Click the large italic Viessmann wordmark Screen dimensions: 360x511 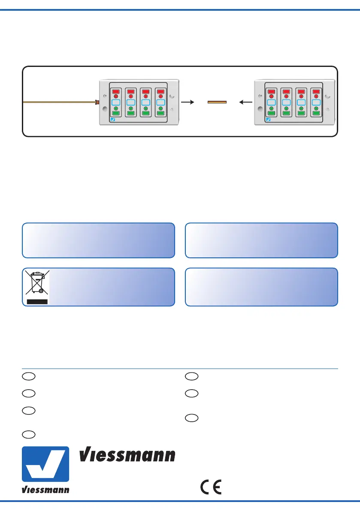[x=127, y=455]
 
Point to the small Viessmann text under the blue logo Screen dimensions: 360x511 [x=45, y=490]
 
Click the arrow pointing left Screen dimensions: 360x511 [x=246, y=103]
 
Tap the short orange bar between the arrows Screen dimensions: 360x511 [x=217, y=103]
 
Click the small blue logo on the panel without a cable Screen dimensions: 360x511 [x=268, y=120]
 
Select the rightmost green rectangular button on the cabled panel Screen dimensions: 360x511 [x=160, y=114]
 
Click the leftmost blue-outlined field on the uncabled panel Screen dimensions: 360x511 [x=272, y=103]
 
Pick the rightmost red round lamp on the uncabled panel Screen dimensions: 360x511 [x=316, y=97]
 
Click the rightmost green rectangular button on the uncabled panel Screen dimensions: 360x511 [x=316, y=114]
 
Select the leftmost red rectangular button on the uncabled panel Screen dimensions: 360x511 [x=272, y=91]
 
